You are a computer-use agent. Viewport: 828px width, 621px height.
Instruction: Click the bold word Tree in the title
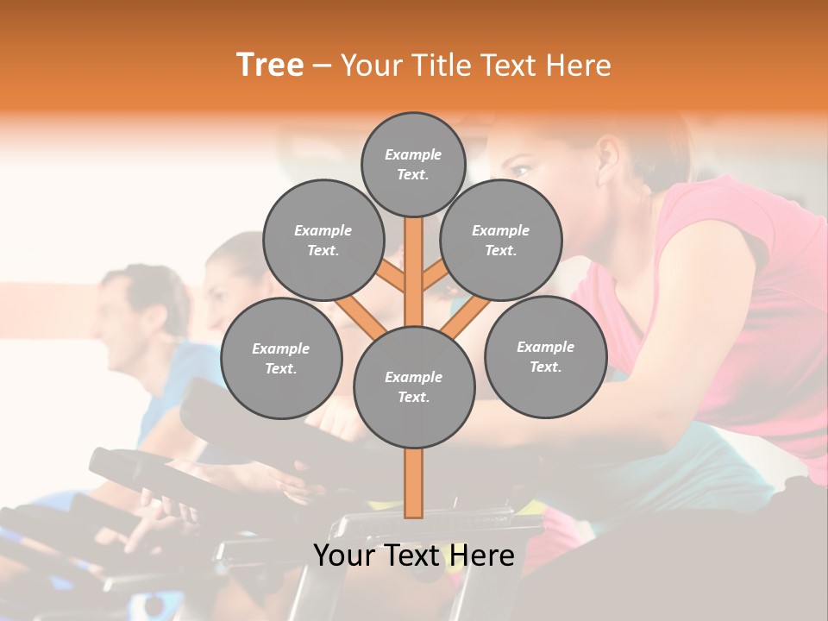(270, 66)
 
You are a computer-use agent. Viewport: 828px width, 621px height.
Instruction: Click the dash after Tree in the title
(322, 66)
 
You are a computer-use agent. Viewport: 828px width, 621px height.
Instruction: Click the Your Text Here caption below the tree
(413, 555)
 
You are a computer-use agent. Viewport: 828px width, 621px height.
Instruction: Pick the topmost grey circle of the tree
(413, 164)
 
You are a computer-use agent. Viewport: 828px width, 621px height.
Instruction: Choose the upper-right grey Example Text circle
(501, 241)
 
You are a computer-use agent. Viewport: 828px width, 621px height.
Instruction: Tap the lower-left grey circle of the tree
(281, 359)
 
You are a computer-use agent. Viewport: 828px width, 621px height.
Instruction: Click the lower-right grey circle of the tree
(545, 357)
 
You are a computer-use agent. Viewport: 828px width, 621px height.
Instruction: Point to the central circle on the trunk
(413, 387)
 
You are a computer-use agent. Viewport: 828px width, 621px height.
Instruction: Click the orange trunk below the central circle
(413, 483)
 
